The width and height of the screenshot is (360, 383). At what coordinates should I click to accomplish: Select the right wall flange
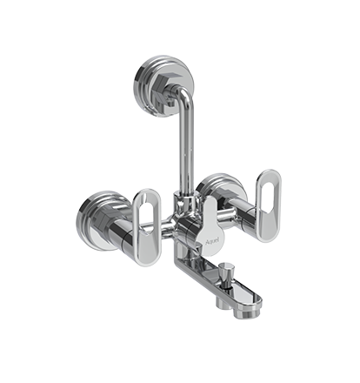pos(217,193)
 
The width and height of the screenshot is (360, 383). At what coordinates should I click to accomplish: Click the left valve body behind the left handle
pos(129,228)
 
